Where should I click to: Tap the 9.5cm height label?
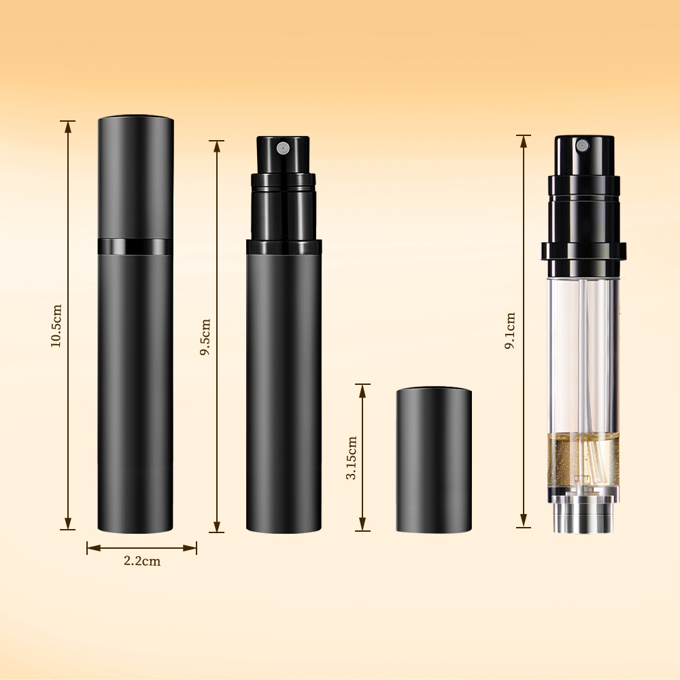point(205,337)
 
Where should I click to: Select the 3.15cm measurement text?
point(352,458)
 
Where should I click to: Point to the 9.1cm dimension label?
point(510,331)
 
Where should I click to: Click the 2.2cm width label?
point(142,561)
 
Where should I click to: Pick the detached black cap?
point(434,459)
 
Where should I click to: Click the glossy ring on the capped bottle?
point(135,246)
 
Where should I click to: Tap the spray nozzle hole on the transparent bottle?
point(581,146)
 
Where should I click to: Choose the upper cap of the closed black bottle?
point(135,177)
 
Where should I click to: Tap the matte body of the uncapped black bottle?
point(284,388)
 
